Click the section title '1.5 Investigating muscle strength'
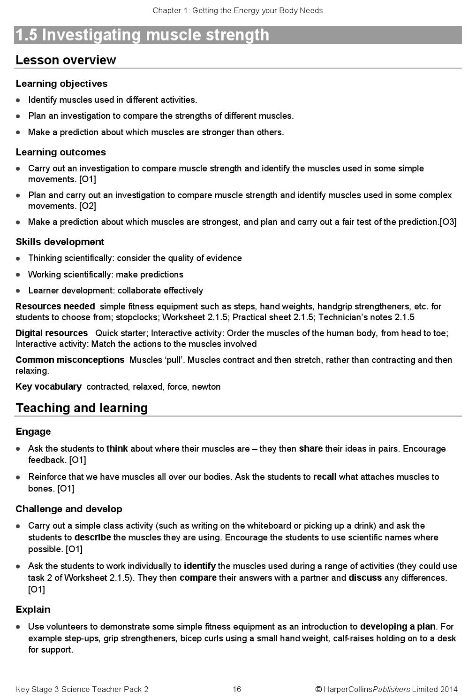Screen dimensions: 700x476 click(143, 35)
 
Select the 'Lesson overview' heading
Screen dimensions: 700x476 click(66, 60)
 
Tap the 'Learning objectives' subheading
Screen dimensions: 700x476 click(61, 84)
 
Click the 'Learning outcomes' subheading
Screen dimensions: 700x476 click(60, 152)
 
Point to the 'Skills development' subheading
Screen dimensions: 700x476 click(60, 242)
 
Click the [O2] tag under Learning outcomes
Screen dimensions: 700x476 click(88, 206)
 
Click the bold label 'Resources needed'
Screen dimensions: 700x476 click(55, 307)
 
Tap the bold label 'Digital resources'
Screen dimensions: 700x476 click(52, 333)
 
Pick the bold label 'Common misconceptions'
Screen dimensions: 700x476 click(70, 360)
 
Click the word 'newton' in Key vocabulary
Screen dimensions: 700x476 click(206, 387)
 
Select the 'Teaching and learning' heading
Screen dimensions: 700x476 click(82, 408)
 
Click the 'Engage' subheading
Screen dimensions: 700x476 click(33, 431)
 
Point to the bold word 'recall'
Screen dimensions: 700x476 click(325, 477)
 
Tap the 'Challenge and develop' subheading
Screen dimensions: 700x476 click(68, 509)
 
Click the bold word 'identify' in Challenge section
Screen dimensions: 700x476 click(199, 566)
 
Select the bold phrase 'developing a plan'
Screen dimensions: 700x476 click(398, 627)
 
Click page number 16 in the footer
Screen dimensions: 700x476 click(236, 689)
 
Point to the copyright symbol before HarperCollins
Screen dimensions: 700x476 click(318, 689)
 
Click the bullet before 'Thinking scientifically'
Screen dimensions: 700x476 click(18, 258)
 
